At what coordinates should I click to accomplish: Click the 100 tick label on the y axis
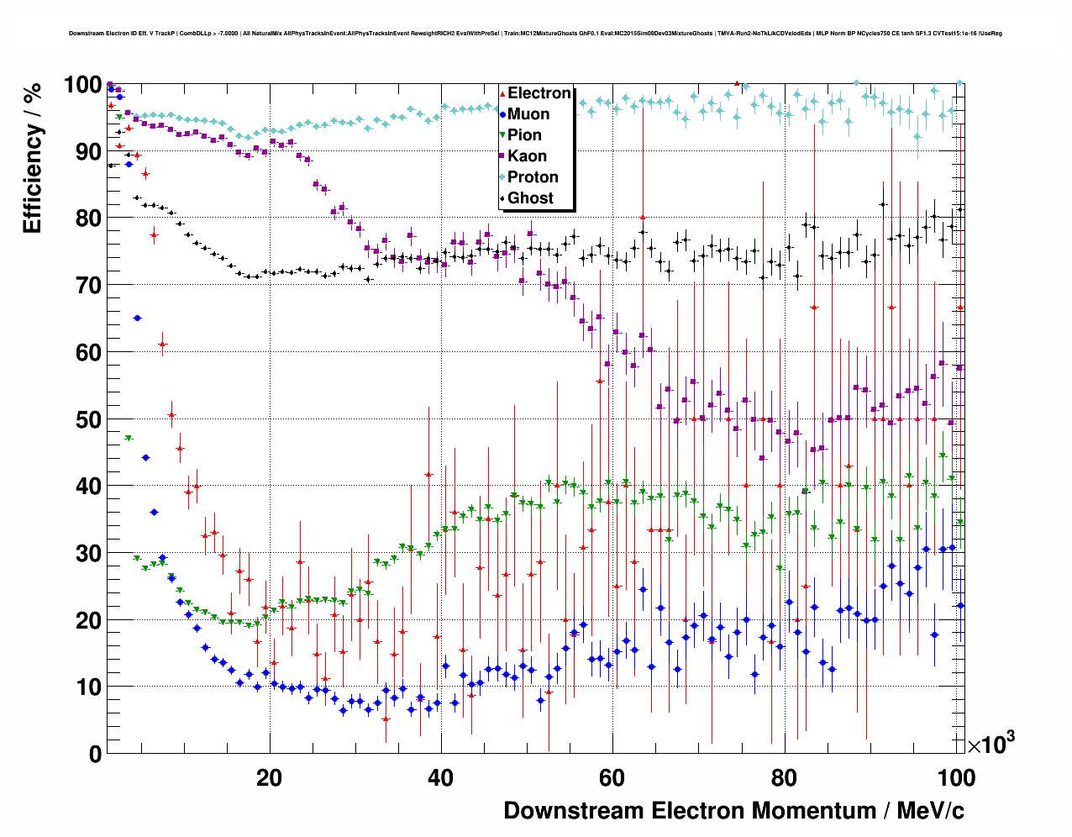(x=82, y=85)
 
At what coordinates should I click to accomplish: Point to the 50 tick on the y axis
(x=88, y=419)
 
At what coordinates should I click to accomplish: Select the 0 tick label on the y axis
(x=95, y=754)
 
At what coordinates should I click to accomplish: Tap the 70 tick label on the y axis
(x=88, y=286)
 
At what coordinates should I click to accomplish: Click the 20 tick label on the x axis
(x=269, y=777)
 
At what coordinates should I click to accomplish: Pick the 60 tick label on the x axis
(x=612, y=777)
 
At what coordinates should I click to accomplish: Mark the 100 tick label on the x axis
(x=955, y=777)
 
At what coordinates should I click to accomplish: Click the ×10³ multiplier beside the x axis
(x=991, y=744)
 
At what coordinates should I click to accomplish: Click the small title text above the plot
(x=535, y=34)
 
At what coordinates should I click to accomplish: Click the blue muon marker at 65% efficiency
(x=137, y=318)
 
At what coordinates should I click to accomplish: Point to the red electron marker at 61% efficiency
(x=162, y=344)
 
